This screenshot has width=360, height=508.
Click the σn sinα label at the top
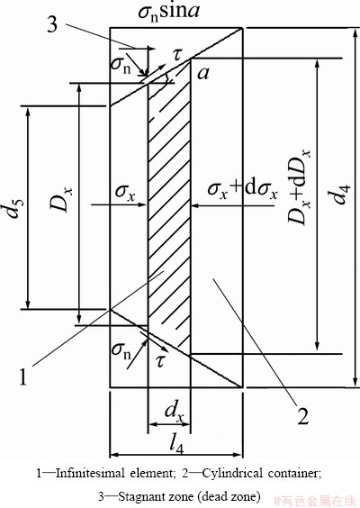click(x=168, y=12)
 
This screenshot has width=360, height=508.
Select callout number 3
click(x=52, y=24)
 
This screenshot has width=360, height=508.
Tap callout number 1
click(x=22, y=376)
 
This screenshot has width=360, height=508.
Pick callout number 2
click(x=302, y=415)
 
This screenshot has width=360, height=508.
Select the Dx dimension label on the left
click(x=61, y=200)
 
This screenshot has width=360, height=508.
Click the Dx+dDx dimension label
click(x=299, y=187)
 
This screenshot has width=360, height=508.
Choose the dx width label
click(x=175, y=412)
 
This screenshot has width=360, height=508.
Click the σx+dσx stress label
click(x=242, y=189)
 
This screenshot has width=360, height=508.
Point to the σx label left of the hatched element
click(x=125, y=193)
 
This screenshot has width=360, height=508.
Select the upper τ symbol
click(x=177, y=54)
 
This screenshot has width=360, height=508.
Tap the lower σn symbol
click(x=121, y=351)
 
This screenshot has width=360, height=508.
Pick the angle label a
click(x=203, y=74)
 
